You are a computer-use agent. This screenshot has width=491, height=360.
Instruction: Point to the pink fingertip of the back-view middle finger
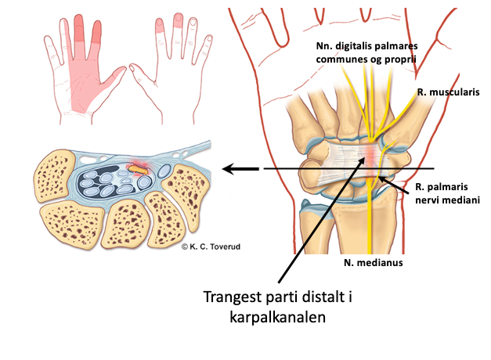pyautogui.click(x=178, y=18)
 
